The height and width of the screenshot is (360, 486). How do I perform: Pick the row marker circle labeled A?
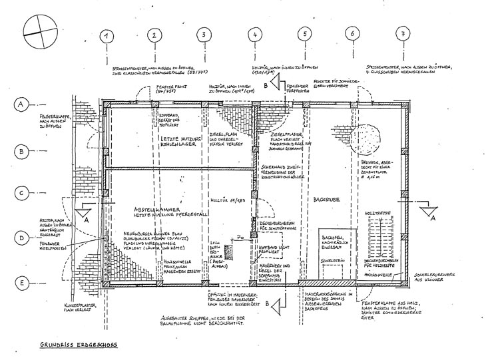[x=22, y=105]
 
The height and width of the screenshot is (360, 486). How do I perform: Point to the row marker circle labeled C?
[x=22, y=194]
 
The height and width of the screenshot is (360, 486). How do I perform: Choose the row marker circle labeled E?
[x=22, y=283]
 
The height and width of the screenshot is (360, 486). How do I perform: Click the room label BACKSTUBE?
[x=326, y=198]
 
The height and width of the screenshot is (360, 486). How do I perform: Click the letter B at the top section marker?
[x=266, y=86]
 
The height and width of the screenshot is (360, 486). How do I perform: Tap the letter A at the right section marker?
[x=431, y=218]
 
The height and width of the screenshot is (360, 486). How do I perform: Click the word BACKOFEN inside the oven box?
[x=332, y=237]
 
